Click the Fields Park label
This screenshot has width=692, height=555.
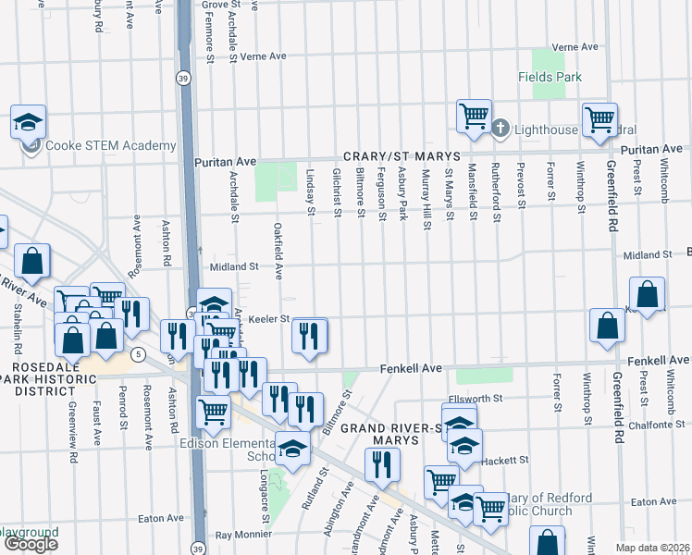point(550,77)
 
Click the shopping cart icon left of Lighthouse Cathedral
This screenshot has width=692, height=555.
point(474,117)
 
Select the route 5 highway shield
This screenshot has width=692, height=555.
point(137,354)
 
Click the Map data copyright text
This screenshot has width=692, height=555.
point(652,548)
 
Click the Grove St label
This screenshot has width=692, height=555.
point(221,5)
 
